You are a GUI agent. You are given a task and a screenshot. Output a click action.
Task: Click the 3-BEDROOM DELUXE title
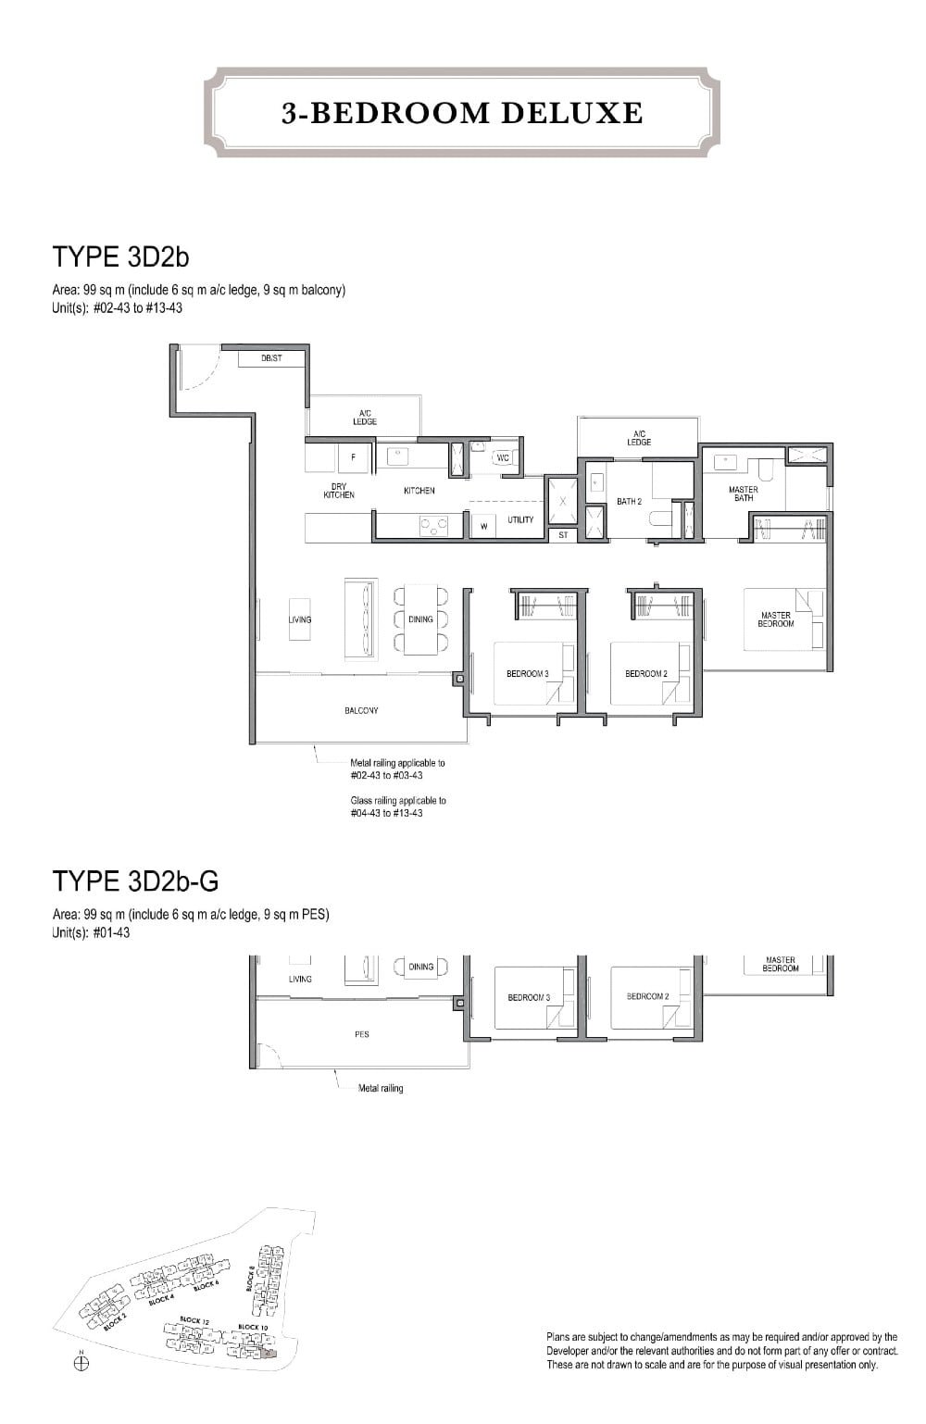(x=462, y=113)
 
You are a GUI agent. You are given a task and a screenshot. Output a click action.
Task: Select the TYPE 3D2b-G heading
(x=135, y=880)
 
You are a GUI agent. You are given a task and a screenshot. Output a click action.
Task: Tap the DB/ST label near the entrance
(x=271, y=358)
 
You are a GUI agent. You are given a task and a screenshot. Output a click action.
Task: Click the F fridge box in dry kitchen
(x=352, y=457)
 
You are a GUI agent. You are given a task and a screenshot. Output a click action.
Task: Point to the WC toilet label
(x=503, y=458)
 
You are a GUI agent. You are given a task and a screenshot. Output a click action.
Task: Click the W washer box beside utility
(x=482, y=527)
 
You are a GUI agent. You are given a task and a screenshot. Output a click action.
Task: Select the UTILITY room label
(x=520, y=520)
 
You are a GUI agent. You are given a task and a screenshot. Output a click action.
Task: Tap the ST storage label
(x=563, y=535)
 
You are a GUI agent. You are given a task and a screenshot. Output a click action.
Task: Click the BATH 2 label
(x=630, y=502)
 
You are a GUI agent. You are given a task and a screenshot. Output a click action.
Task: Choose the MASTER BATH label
(x=743, y=493)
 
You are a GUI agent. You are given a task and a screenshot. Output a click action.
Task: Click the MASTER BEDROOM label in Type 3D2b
(x=775, y=619)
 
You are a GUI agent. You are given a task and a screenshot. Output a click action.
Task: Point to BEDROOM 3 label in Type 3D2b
(x=528, y=673)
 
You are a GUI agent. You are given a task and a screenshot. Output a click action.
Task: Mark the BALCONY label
(x=361, y=710)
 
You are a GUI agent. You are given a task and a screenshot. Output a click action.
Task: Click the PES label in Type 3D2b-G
(x=362, y=1034)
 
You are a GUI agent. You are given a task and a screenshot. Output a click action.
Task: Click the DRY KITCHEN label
(x=339, y=491)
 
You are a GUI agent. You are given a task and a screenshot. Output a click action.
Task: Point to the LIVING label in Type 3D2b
(x=300, y=619)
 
